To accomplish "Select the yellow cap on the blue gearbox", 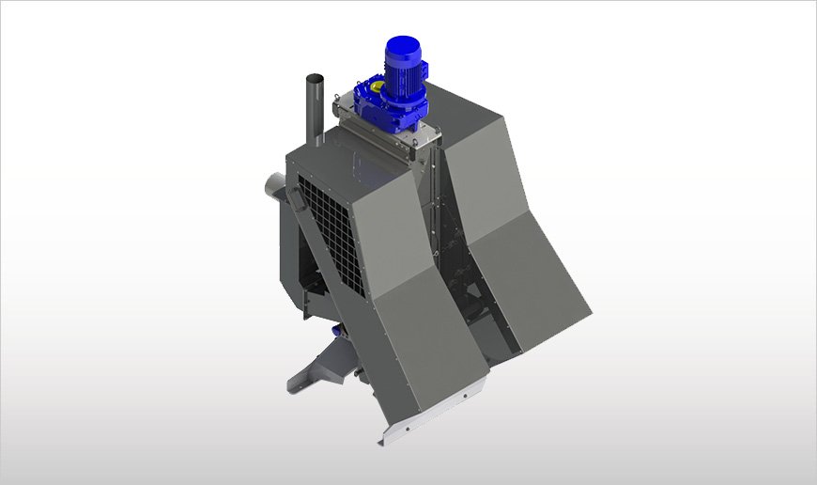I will [375, 86].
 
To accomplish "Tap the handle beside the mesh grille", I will [294, 201].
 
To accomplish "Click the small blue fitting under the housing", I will [336, 330].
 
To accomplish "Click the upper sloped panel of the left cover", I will [385, 235].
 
